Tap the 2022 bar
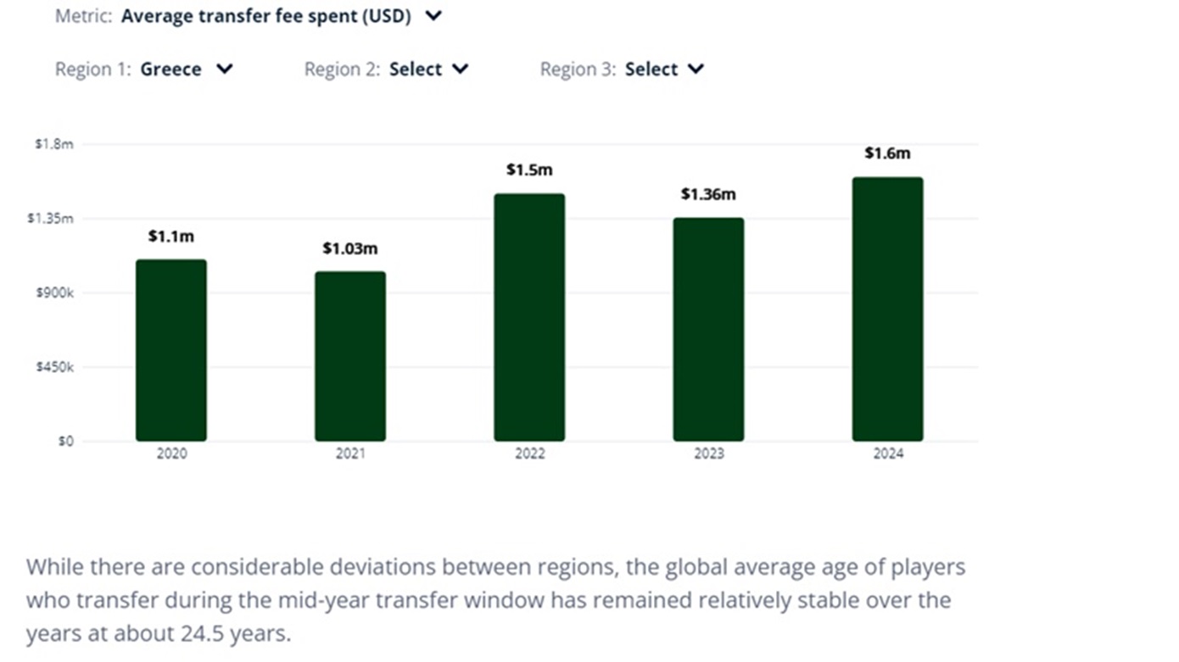(529, 317)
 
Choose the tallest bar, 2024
(887, 309)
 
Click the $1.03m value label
(350, 249)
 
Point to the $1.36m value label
(708, 195)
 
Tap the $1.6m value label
(887, 153)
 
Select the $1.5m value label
(529, 170)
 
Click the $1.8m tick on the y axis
(54, 144)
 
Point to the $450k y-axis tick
(54, 367)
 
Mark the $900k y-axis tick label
(54, 293)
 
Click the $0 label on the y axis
(66, 442)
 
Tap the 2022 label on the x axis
(529, 454)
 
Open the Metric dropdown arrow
(433, 16)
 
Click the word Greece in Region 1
(171, 70)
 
